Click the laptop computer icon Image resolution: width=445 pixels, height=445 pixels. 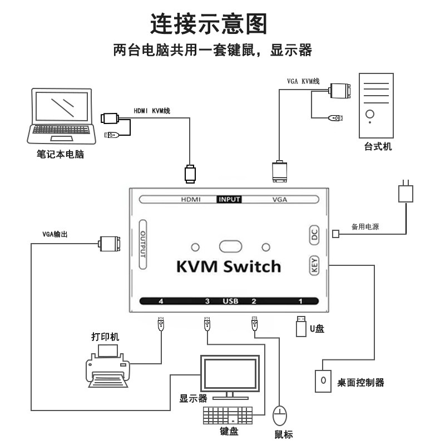(61, 116)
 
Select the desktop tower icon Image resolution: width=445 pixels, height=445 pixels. (376, 106)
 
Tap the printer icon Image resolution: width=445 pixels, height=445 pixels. (107, 366)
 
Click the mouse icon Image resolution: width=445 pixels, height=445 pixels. (280, 416)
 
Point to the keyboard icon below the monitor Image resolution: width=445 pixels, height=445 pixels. (228, 416)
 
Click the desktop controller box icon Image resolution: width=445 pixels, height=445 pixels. (323, 381)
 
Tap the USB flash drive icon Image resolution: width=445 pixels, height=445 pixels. (301, 327)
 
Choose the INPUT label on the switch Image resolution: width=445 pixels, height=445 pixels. (229, 200)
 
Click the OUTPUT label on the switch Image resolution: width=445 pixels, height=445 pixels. (143, 244)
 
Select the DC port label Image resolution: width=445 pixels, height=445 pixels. (314, 235)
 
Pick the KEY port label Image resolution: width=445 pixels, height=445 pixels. (314, 265)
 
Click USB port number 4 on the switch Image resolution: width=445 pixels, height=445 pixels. (161, 301)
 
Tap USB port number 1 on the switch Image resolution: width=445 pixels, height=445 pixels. (300, 301)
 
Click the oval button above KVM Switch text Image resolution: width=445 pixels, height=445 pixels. (230, 246)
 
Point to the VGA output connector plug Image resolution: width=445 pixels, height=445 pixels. (109, 244)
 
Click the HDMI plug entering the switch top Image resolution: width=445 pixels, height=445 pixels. (190, 174)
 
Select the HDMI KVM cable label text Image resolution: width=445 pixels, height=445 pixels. (152, 111)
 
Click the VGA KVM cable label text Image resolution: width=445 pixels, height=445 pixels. (303, 81)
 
